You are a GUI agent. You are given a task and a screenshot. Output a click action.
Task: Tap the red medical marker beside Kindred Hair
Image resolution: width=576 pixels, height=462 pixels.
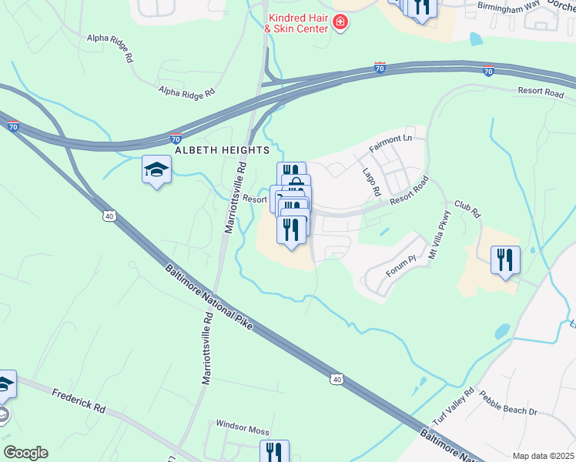pyautogui.click(x=340, y=24)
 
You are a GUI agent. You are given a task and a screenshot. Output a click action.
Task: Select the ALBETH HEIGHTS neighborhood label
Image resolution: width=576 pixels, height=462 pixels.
pyautogui.click(x=222, y=150)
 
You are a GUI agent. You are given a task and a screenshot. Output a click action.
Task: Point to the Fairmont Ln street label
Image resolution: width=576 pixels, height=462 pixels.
pyautogui.click(x=390, y=142)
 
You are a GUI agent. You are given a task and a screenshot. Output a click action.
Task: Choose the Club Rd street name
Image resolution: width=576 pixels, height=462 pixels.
pyautogui.click(x=467, y=208)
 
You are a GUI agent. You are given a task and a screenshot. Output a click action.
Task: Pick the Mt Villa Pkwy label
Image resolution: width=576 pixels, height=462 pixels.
pyautogui.click(x=437, y=233)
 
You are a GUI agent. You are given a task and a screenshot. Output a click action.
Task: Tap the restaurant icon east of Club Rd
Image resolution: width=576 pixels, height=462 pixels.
pyautogui.click(x=505, y=259)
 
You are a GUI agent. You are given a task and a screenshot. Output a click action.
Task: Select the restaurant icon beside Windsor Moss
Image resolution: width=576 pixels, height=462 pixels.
pyautogui.click(x=274, y=451)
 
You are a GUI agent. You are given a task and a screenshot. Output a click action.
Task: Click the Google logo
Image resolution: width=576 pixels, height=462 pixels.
pyautogui.click(x=25, y=453)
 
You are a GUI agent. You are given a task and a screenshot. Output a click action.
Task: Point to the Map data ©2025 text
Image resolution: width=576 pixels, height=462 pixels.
pyautogui.click(x=543, y=456)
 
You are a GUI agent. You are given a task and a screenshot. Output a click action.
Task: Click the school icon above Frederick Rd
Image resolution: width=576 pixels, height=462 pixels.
pyautogui.click(x=5, y=383)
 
